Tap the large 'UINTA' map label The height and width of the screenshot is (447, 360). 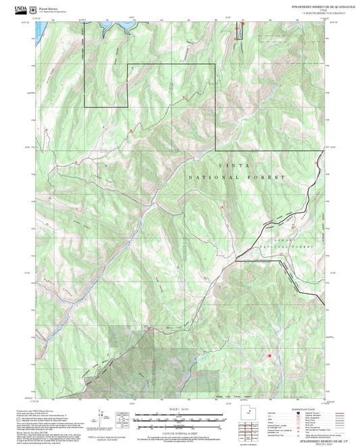pos(234,165)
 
